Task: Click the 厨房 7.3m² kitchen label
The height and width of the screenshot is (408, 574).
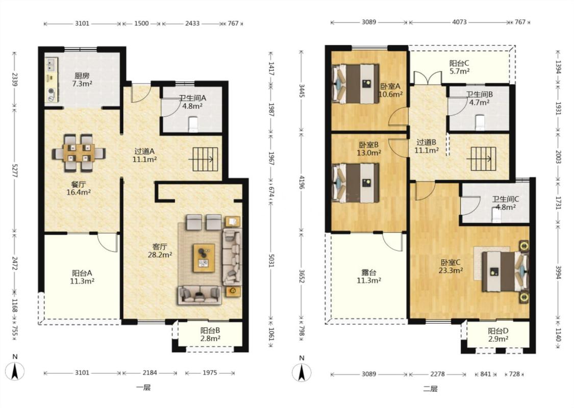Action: tap(82, 80)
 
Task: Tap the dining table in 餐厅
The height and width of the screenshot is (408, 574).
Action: tap(79, 153)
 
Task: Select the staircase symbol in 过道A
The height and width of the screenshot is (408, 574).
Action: tap(205, 159)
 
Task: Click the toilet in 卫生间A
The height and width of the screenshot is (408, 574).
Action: tap(192, 124)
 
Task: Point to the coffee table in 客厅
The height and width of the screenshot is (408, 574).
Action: tap(204, 258)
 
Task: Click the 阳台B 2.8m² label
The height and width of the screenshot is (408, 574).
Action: tap(210, 334)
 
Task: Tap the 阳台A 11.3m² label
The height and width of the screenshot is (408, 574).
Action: tap(82, 277)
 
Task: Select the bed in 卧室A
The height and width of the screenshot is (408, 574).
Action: tap(356, 84)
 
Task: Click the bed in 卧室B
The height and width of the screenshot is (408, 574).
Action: tap(356, 183)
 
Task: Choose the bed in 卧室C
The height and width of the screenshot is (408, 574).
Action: tap(506, 271)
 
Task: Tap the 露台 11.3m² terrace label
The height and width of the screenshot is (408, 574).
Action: tap(369, 276)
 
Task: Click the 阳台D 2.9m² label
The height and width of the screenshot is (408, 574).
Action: tap(498, 335)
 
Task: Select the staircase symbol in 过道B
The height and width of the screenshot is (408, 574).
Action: tap(483, 159)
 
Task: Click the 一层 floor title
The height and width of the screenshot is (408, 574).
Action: tap(143, 388)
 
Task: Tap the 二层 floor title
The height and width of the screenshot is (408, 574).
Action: tap(430, 389)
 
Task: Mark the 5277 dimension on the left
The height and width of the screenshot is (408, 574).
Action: tap(15, 169)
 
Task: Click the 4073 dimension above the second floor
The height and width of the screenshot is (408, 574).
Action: tap(459, 22)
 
